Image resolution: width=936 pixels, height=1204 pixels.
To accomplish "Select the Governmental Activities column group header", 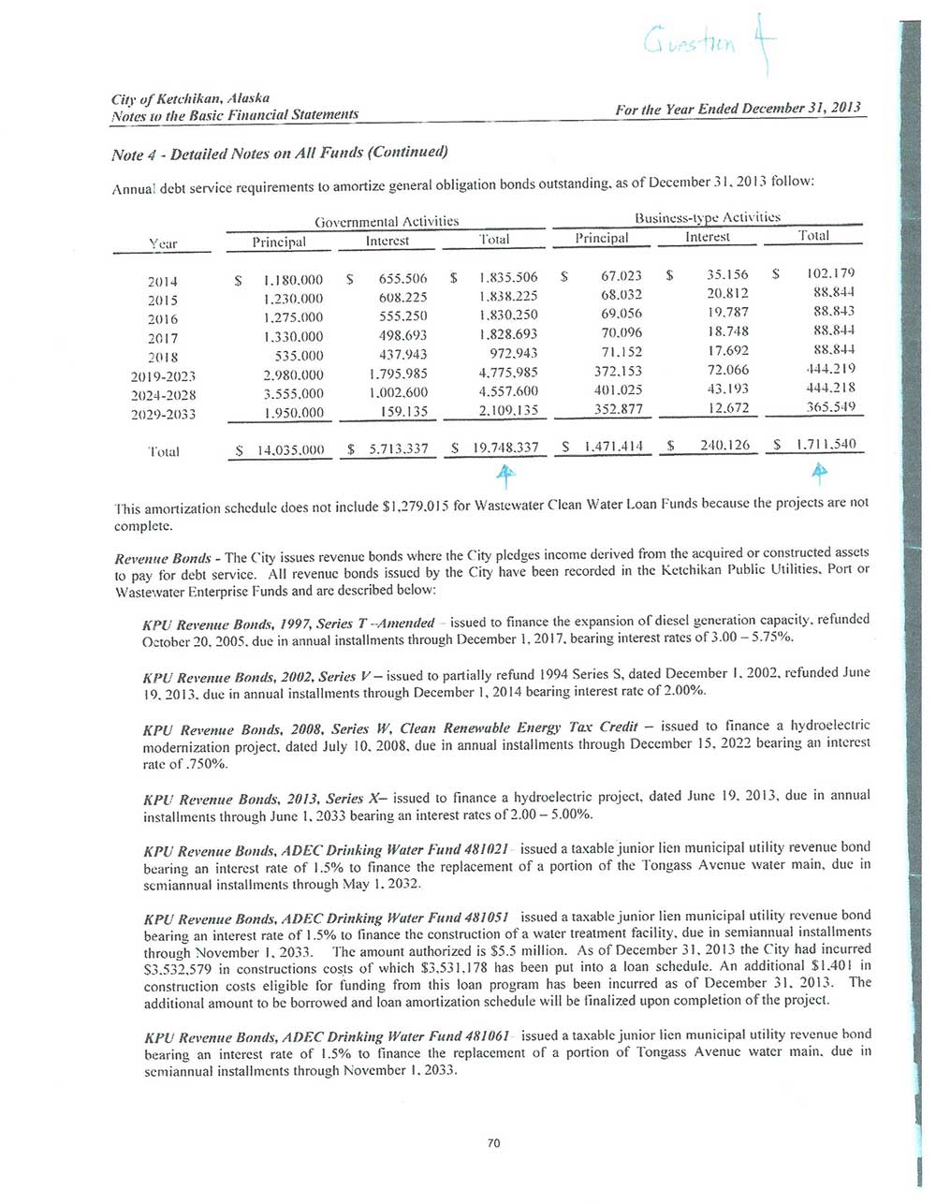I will [387, 222].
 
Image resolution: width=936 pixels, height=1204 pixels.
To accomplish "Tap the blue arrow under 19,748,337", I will [505, 477].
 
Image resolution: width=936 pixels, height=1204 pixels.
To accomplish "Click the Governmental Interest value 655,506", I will [402, 279].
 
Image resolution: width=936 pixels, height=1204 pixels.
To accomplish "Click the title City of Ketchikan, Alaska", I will [190, 98].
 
